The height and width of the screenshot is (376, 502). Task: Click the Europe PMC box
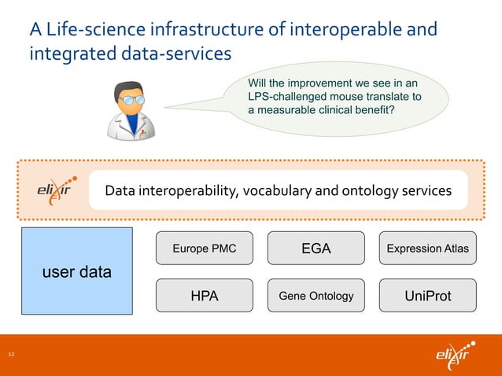205,249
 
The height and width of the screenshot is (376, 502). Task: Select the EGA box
316,249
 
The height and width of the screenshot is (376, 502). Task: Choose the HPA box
205,296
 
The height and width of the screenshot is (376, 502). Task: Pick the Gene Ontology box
316,296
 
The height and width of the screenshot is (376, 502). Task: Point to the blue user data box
76,272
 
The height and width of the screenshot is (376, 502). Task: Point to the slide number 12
12,356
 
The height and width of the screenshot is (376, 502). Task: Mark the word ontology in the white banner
371,190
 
